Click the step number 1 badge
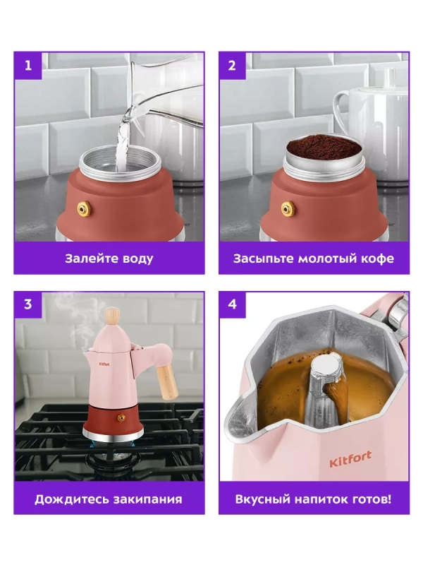(28, 66)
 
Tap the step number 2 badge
(233, 66)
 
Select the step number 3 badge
(28, 304)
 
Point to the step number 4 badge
(233, 304)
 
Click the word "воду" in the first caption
(137, 259)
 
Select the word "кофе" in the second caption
(379, 258)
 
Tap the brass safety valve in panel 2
(288, 209)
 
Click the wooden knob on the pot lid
(112, 316)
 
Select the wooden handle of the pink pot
(167, 382)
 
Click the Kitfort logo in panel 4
(350, 458)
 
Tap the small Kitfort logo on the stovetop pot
(104, 364)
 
